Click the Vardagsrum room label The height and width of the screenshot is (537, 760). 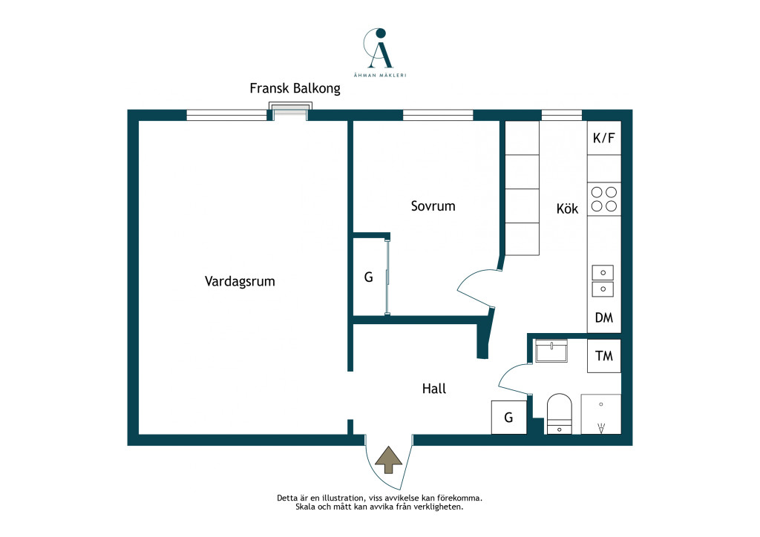240,281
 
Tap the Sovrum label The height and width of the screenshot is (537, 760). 433,206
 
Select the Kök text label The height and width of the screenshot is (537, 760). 567,208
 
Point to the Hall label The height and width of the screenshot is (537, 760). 433,389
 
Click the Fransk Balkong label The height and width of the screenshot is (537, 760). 295,88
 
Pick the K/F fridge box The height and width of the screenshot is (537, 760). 604,138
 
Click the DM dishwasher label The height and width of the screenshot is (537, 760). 604,317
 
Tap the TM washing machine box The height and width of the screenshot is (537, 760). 604,356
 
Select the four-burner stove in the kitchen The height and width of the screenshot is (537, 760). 604,199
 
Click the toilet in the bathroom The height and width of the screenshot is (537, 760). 560,414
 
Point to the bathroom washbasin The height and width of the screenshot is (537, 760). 551,351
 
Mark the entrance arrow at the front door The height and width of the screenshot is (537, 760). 388,460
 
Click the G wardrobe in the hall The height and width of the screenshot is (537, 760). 509,418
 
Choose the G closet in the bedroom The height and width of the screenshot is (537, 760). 370,277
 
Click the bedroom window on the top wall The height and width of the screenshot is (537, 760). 438,115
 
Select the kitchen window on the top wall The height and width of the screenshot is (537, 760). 561,115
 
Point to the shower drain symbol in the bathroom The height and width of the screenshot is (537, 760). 601,428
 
